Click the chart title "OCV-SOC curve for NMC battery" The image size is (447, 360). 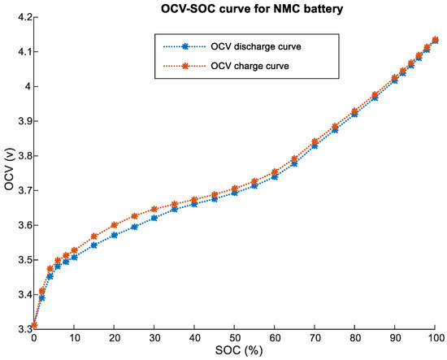click(x=236, y=7)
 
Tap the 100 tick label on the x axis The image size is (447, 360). click(x=436, y=337)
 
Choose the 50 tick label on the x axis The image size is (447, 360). click(x=235, y=337)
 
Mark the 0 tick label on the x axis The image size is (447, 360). click(x=34, y=337)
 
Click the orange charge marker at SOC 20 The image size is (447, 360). click(x=114, y=225)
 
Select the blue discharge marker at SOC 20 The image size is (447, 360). click(x=114, y=235)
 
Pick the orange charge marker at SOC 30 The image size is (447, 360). click(x=154, y=210)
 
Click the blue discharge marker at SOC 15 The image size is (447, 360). click(x=94, y=245)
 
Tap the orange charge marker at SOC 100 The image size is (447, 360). click(x=436, y=39)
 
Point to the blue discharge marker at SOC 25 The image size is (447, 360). click(x=134, y=227)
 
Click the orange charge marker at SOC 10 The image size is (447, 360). click(x=74, y=250)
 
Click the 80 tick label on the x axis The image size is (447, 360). click(x=355, y=337)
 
